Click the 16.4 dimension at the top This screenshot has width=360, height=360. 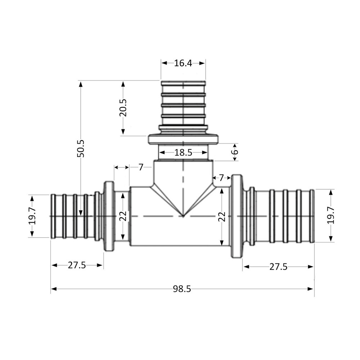(x=183, y=63)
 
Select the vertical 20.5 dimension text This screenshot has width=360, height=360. (x=123, y=107)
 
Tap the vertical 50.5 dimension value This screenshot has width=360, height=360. (x=80, y=148)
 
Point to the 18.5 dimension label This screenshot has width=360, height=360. (x=183, y=153)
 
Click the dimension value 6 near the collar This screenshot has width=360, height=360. (x=235, y=152)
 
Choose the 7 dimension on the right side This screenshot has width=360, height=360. (x=221, y=177)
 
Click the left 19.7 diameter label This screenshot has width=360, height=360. (x=32, y=216)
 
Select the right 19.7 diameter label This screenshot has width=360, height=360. (x=331, y=215)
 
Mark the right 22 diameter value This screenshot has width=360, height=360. (x=222, y=216)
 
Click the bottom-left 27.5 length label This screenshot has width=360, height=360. (x=77, y=266)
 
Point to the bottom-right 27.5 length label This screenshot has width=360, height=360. (x=278, y=267)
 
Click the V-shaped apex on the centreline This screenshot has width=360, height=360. (x=183, y=216)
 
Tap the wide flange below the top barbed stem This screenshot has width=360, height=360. (x=183, y=139)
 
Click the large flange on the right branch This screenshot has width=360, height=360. (x=236, y=216)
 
